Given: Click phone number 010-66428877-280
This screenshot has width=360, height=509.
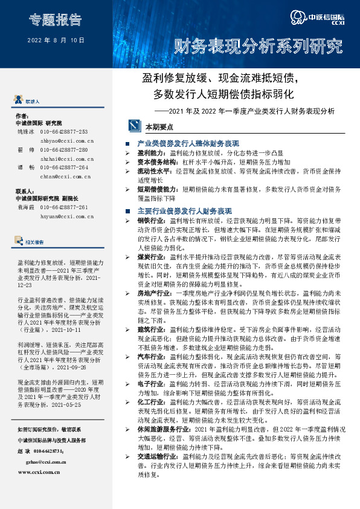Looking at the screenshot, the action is [64, 149].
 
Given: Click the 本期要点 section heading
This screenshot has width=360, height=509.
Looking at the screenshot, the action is [159, 128].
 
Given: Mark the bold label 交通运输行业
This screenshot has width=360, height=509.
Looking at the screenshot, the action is [159, 456].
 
